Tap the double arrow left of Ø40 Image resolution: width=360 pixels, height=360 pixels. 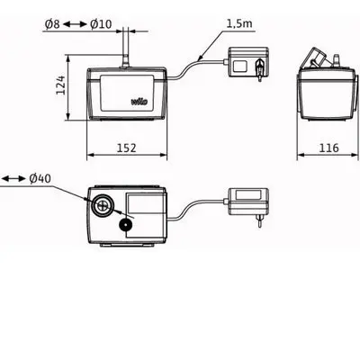[x=13, y=179]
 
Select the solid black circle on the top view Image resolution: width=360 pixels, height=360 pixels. [x=122, y=223]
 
